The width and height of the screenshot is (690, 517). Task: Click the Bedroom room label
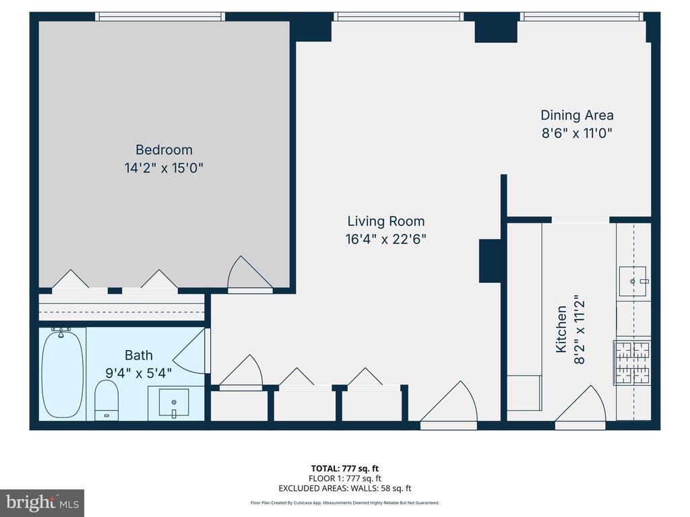tap(164, 150)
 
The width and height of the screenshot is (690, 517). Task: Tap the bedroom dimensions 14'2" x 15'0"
tap(164, 168)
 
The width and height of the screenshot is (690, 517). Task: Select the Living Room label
tap(386, 221)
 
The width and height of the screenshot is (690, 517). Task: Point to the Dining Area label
tap(577, 115)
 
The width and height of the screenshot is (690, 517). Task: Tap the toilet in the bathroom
tap(106, 400)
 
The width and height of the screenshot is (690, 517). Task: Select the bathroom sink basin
tap(174, 403)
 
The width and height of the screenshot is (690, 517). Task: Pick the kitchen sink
tap(633, 281)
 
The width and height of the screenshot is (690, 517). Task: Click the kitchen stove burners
tap(632, 361)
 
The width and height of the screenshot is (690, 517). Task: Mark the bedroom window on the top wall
tap(160, 17)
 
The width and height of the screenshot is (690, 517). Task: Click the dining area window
tap(582, 17)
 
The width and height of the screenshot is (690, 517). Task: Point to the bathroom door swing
tap(189, 351)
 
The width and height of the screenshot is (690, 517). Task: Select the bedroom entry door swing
tap(249, 273)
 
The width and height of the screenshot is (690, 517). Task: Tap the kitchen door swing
tap(580, 404)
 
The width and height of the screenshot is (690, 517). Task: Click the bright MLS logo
tap(42, 503)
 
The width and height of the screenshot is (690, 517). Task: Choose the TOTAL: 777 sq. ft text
tap(344, 469)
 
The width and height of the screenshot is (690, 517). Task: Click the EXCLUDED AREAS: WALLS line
tap(344, 488)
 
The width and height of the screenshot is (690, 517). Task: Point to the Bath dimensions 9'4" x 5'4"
tap(139, 373)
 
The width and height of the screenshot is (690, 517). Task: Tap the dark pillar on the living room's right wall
tap(490, 261)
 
